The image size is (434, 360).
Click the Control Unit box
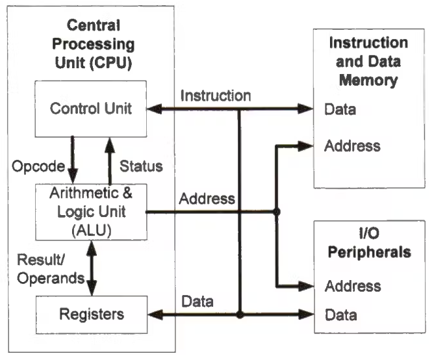coord(91,109)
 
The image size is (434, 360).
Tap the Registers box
coord(91,315)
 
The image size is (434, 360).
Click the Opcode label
coord(38,167)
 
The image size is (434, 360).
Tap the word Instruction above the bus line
coord(215,96)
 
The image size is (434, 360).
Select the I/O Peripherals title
coord(369,243)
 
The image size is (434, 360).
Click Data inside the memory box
coord(340,109)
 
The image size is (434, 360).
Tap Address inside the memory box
coord(352,146)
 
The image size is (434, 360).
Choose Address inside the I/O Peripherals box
coord(352,285)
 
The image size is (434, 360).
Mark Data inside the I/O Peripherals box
coord(340,315)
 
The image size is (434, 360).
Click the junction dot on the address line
coord(277,212)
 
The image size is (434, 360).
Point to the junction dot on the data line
coord(240,315)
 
